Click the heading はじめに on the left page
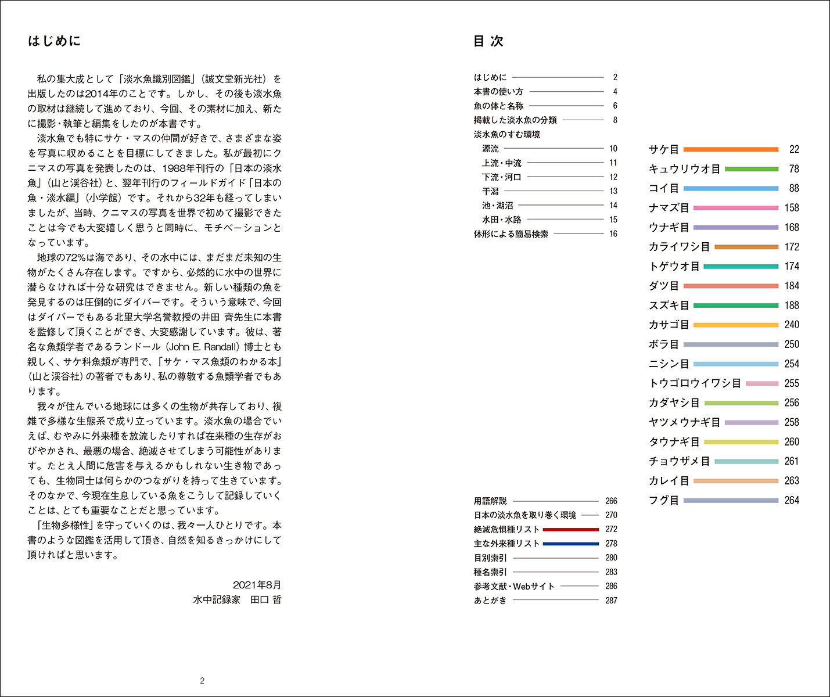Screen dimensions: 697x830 (x=54, y=41)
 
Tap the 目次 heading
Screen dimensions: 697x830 (x=488, y=41)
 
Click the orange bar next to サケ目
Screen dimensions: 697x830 (x=731, y=149)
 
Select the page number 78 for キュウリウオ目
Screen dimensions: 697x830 (x=793, y=169)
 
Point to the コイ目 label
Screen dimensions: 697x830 (x=663, y=188)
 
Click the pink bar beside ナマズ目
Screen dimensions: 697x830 (x=735, y=208)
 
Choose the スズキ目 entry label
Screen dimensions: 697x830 (x=669, y=306)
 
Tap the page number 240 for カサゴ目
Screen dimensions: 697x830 (x=791, y=325)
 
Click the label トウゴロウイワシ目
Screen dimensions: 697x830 (x=694, y=383)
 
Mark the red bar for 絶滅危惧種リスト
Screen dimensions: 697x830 (x=570, y=530)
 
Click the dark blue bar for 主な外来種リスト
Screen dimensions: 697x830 (x=570, y=544)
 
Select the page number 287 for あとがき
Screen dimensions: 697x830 (x=611, y=601)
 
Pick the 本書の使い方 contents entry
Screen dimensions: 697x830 (x=498, y=92)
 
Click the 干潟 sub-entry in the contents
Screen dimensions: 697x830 (x=490, y=191)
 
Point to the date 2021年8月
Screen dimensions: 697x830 (x=257, y=585)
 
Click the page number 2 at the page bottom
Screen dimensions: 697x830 (x=202, y=681)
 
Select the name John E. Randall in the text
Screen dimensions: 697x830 (x=203, y=347)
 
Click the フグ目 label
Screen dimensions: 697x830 (x=663, y=500)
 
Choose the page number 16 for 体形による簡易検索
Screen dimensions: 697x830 (x=613, y=234)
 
